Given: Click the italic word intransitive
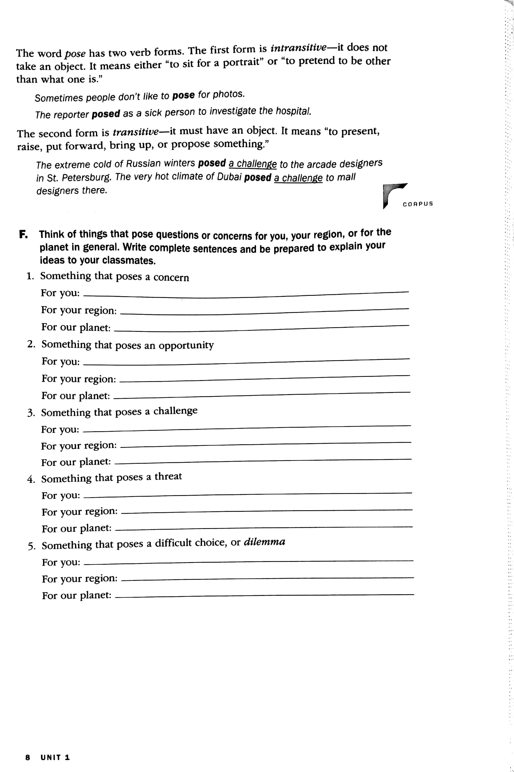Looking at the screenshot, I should click(x=298, y=48).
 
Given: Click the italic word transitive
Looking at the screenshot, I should click(x=135, y=132).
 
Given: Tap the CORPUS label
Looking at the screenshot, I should click(x=418, y=204).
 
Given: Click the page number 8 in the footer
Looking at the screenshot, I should click(x=28, y=757).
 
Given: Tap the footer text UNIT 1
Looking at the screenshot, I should click(x=55, y=757).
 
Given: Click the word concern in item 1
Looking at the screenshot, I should click(x=171, y=277).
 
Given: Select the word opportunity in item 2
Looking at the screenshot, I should click(x=186, y=345).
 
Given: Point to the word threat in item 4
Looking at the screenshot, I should click(x=168, y=476).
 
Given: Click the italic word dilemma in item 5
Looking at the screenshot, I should click(x=264, y=542).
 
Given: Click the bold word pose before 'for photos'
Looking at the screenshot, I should click(x=184, y=95).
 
